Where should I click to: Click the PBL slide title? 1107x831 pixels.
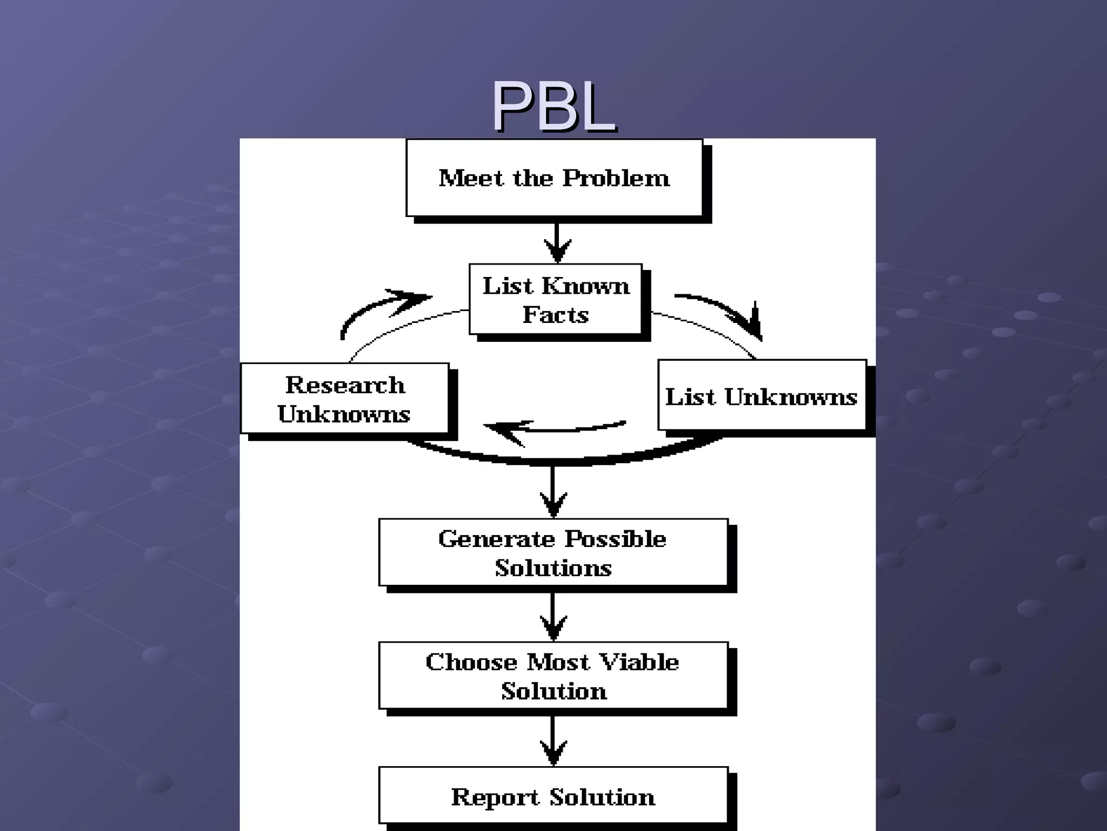click(553, 107)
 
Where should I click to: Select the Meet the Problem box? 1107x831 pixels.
click(554, 178)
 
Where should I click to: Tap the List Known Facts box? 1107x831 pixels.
click(556, 299)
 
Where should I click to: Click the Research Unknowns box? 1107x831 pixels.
click(344, 399)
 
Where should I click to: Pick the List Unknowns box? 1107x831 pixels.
click(761, 395)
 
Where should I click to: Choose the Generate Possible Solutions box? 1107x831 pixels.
click(553, 552)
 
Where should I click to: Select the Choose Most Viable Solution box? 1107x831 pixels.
click(553, 676)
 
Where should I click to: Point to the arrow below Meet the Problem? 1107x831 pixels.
click(557, 242)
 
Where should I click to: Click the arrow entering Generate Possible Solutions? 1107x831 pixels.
click(553, 492)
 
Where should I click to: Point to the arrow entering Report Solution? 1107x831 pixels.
click(553, 741)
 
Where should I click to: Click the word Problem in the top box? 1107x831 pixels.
click(616, 178)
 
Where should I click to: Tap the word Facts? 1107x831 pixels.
click(556, 315)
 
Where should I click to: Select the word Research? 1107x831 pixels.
click(345, 385)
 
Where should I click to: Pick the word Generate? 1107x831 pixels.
click(496, 539)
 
